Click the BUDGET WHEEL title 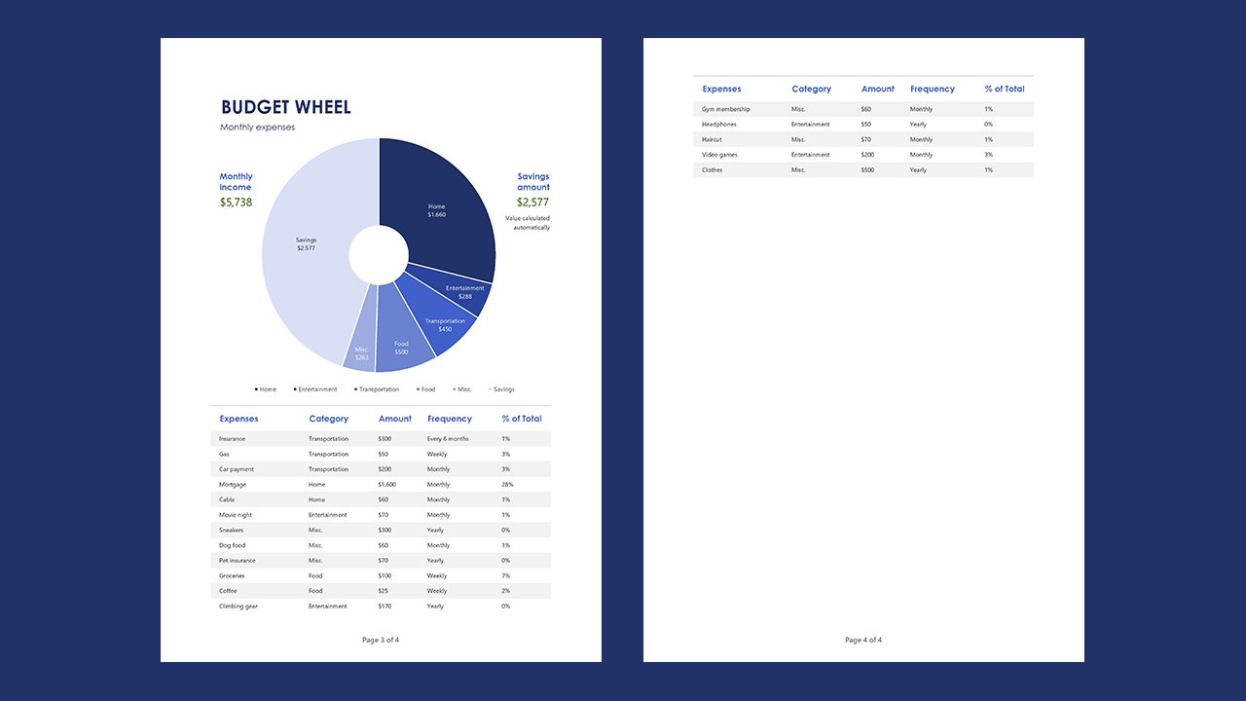click(285, 108)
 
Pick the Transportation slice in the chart click(445, 324)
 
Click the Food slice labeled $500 click(401, 348)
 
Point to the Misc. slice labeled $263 click(361, 353)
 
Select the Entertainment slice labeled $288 click(465, 292)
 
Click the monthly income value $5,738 click(236, 203)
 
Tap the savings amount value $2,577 click(532, 203)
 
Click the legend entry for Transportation click(377, 389)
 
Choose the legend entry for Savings click(501, 389)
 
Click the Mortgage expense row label click(233, 485)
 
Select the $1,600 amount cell click(387, 485)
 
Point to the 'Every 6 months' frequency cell click(448, 439)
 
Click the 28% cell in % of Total click(507, 485)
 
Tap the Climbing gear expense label click(238, 607)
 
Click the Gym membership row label click(726, 109)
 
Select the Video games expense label click(719, 155)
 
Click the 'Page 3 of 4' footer click(381, 640)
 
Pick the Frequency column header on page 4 click(933, 89)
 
